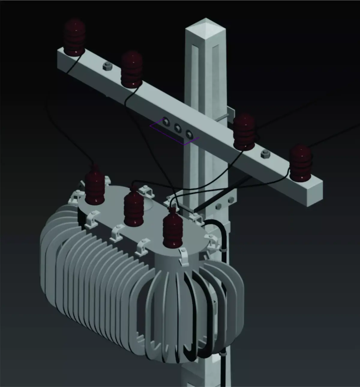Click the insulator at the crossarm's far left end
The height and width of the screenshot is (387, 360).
pyautogui.click(x=74, y=37)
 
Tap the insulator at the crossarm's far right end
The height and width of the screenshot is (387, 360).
pyautogui.click(x=301, y=163)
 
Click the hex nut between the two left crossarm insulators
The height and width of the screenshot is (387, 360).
pyautogui.click(x=107, y=67)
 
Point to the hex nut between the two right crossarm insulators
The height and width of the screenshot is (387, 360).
pyautogui.click(x=265, y=154)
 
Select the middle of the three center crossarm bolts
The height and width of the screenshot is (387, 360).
pyautogui.click(x=178, y=128)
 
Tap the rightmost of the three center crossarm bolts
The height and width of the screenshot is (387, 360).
pyautogui.click(x=189, y=134)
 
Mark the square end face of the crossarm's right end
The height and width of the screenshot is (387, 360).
pyautogui.click(x=315, y=192)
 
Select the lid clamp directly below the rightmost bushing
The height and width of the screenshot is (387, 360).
pyautogui.click(x=184, y=256)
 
